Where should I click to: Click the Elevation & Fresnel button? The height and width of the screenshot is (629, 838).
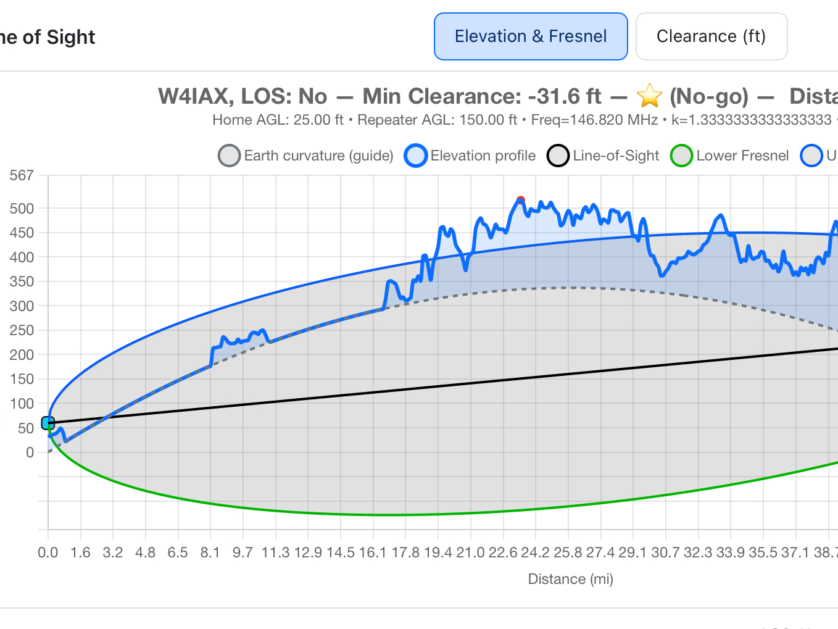(x=531, y=36)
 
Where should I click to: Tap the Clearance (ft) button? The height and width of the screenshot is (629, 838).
(x=711, y=36)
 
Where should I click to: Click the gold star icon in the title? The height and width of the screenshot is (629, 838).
(x=649, y=96)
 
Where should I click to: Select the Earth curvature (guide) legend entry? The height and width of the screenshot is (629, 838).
(x=306, y=156)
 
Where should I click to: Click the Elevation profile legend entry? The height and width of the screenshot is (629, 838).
(x=470, y=156)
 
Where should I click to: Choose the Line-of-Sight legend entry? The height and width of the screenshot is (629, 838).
(x=603, y=156)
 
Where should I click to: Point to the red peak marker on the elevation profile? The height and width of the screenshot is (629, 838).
(x=521, y=201)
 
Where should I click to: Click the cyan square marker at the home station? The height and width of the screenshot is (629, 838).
(x=48, y=423)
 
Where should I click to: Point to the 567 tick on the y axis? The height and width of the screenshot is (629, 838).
(x=22, y=176)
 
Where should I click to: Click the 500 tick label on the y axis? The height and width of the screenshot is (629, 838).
(x=22, y=209)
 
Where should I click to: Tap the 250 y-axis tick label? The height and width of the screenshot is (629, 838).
(x=22, y=330)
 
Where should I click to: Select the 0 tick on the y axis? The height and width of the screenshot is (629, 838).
(x=30, y=452)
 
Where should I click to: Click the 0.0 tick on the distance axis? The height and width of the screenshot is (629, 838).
(x=48, y=552)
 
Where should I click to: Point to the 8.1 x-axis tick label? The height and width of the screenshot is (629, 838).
(x=210, y=552)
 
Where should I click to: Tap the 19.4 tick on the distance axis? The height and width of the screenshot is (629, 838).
(x=438, y=552)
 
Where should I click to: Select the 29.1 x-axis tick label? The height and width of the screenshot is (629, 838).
(x=633, y=552)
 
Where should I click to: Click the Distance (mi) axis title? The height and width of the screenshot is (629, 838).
(x=571, y=579)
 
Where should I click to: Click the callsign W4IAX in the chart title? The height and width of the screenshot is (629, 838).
(x=195, y=96)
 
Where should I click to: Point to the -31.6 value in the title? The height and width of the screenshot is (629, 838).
(x=564, y=96)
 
